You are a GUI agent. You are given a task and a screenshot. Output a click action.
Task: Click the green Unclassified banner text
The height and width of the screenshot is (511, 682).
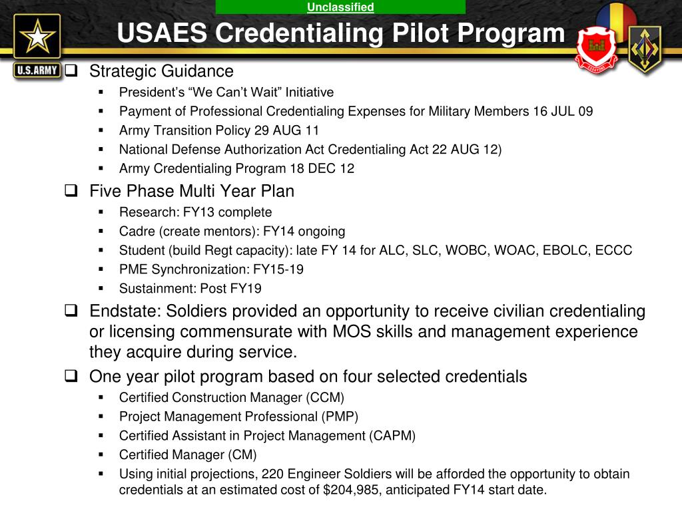click(340, 7)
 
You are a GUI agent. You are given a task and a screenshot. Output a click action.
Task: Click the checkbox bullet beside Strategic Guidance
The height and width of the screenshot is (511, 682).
click(71, 71)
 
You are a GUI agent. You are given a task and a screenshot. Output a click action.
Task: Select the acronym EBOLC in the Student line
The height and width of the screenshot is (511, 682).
click(558, 251)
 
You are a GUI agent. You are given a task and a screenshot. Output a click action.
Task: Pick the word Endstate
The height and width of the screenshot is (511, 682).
click(124, 311)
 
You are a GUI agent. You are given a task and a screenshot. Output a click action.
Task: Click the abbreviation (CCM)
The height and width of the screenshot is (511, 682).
click(325, 398)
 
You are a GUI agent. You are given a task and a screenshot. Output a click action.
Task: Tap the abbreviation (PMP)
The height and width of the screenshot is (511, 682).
click(339, 417)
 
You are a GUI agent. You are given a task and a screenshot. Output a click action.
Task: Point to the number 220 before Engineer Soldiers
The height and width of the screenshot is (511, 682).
click(272, 474)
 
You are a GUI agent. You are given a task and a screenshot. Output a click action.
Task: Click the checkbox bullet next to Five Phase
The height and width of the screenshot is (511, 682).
click(71, 192)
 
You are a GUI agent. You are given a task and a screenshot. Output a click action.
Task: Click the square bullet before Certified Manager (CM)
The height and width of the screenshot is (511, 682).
click(101, 454)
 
